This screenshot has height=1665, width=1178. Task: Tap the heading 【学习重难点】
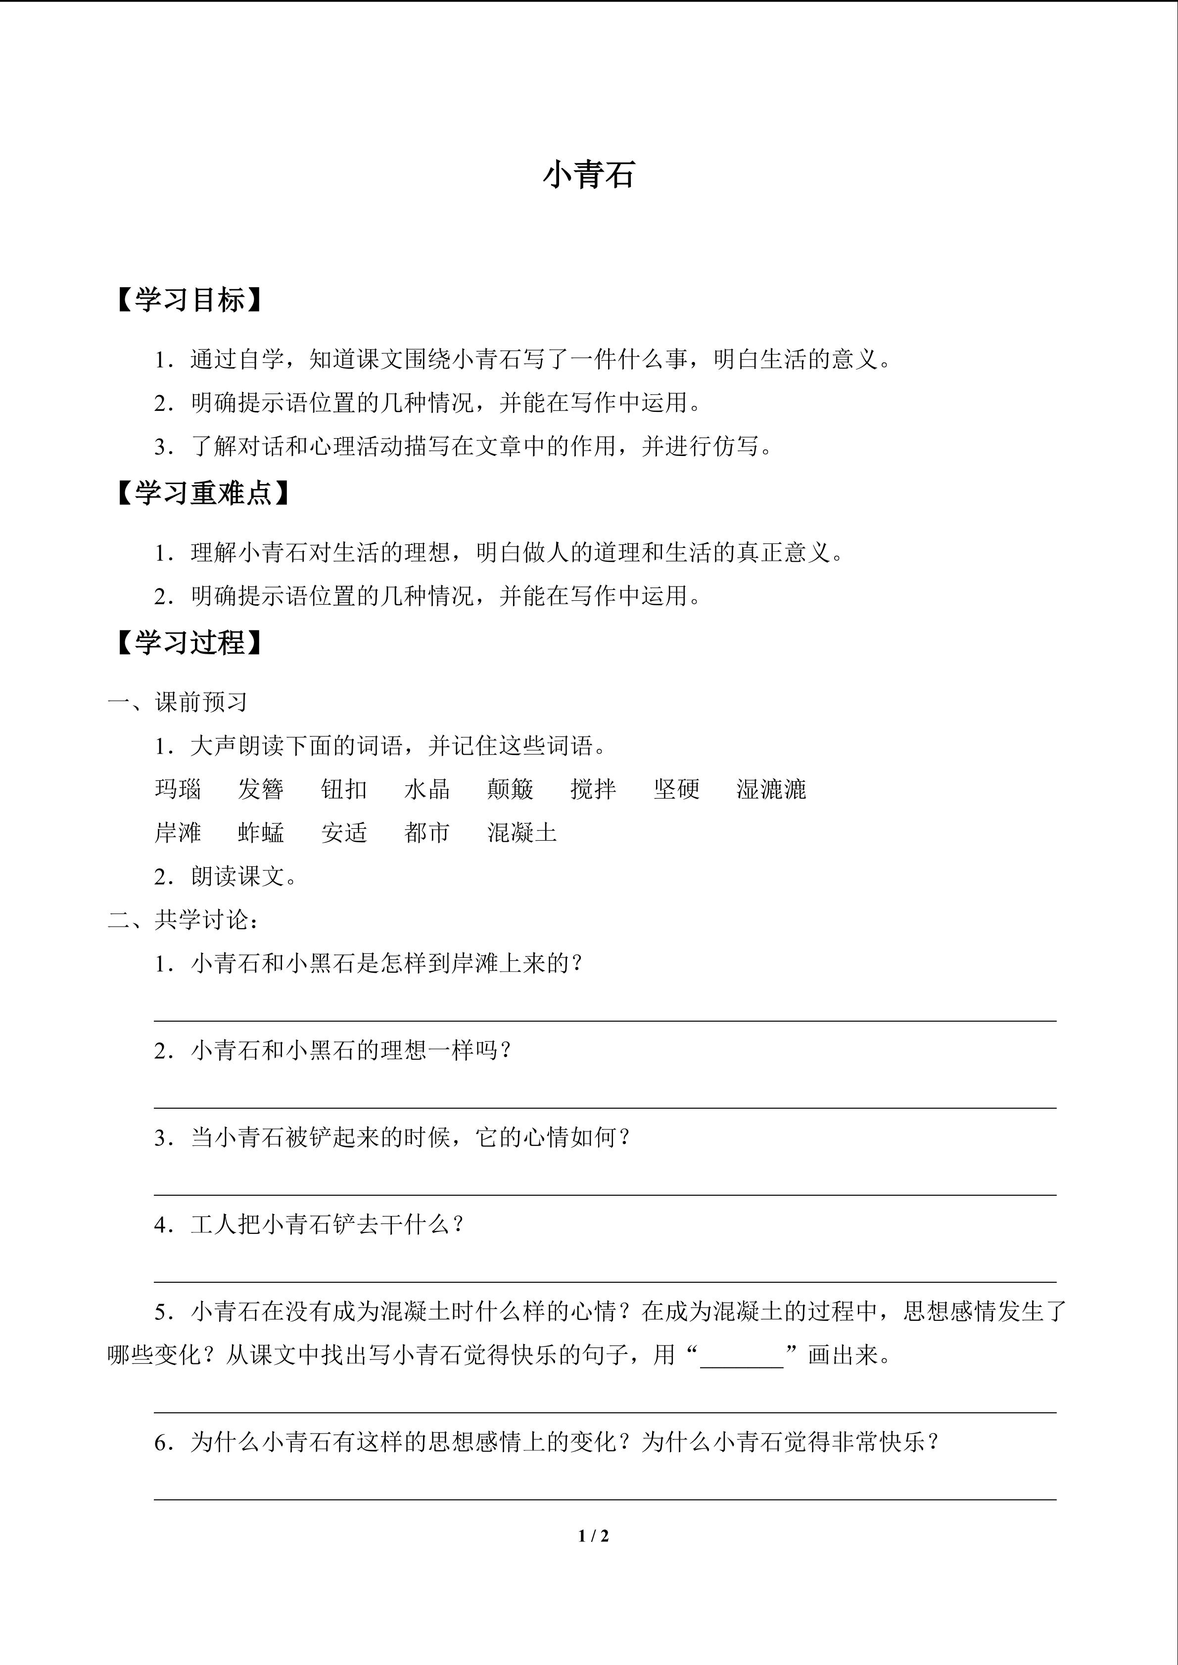click(202, 493)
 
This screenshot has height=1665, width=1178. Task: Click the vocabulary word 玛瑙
click(178, 789)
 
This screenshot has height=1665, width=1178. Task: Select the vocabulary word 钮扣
click(344, 789)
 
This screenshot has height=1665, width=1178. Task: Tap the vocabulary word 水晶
click(427, 789)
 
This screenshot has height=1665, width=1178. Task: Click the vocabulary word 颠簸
click(511, 789)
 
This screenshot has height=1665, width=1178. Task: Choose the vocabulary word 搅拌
click(593, 789)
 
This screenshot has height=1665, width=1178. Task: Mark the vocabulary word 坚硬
click(677, 789)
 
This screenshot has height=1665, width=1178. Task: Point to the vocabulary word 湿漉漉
click(771, 789)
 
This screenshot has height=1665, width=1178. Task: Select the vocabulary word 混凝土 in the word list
click(522, 833)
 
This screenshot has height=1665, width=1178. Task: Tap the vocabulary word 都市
click(427, 833)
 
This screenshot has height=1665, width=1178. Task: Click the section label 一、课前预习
click(178, 702)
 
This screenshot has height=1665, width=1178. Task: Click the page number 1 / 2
click(593, 1536)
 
